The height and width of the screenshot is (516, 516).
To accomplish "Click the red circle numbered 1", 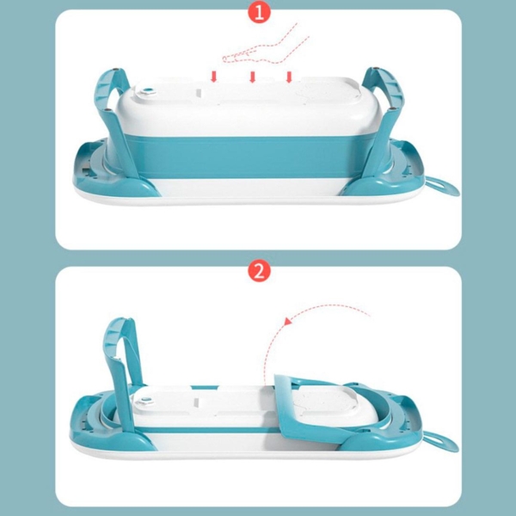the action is pos(259,13).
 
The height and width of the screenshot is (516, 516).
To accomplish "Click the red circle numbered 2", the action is pos(259,271).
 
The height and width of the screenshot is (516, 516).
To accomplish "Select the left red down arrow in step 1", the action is pos(214,77).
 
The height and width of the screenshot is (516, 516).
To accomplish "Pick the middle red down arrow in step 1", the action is pos(252,77).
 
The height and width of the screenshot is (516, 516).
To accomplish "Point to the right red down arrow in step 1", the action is pos(289,77).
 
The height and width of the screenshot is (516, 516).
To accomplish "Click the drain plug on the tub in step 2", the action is pos(144,401).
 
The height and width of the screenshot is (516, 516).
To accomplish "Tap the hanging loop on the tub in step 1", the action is pos(443,187).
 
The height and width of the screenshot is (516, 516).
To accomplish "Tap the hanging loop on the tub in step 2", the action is pos(441,442).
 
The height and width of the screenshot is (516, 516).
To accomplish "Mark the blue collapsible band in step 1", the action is pos(250,157).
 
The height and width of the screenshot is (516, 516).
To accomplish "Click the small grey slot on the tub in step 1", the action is pos(198,93).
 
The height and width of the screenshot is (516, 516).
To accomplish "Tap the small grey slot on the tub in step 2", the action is pos(196,402).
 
